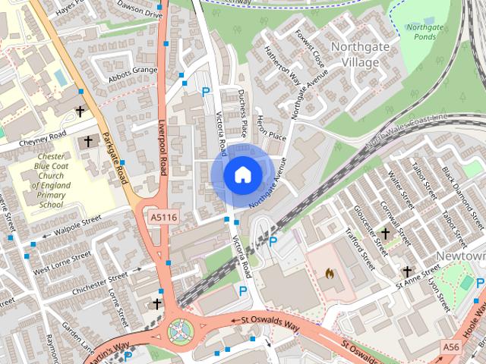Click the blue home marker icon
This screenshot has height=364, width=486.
(x=242, y=175)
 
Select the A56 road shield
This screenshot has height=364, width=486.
(x=450, y=346)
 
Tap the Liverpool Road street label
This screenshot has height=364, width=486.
(x=163, y=148)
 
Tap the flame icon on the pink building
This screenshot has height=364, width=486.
(x=330, y=271)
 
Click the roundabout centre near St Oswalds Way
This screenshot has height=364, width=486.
(x=181, y=329)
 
